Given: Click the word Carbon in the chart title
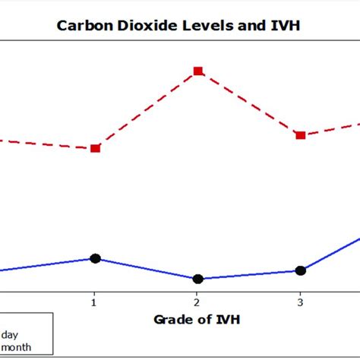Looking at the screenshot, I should (80, 25).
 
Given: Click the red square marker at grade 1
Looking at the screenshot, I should (95, 148).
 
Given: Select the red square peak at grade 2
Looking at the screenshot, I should (197, 71).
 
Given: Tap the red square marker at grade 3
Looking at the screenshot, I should (300, 135).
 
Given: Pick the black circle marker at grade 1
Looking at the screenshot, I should (95, 258).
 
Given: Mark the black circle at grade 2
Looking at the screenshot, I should (197, 279).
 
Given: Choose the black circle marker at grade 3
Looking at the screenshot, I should (300, 270).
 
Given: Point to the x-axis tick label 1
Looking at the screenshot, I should (94, 301).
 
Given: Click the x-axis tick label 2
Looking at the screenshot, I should (197, 301).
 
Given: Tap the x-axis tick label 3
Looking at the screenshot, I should (300, 301).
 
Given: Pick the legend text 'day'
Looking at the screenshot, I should (11, 335).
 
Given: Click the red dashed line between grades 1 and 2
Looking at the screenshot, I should (146, 110).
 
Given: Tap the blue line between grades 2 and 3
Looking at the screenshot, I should (248, 274).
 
